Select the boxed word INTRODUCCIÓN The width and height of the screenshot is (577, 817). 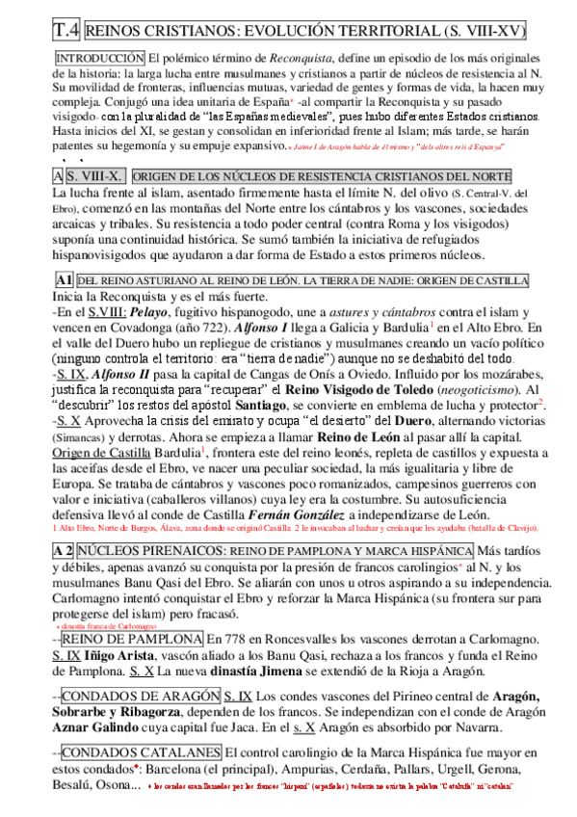(100, 58)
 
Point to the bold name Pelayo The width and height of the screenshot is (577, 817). (128, 313)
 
